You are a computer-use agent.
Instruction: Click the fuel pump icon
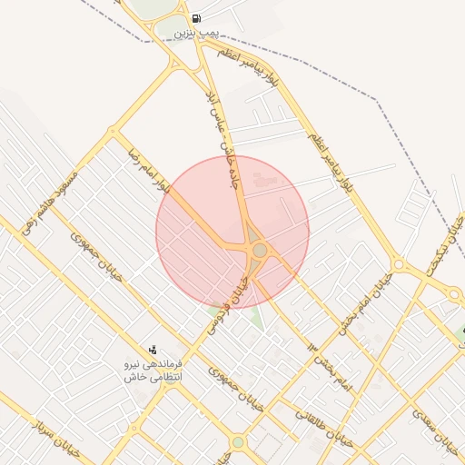coord(197,18)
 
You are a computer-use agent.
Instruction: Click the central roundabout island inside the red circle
coord(260,249)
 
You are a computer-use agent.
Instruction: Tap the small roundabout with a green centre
coord(237,442)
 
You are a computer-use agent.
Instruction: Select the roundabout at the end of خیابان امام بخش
coord(455,293)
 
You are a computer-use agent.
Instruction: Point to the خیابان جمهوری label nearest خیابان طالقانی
coord(234,389)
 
